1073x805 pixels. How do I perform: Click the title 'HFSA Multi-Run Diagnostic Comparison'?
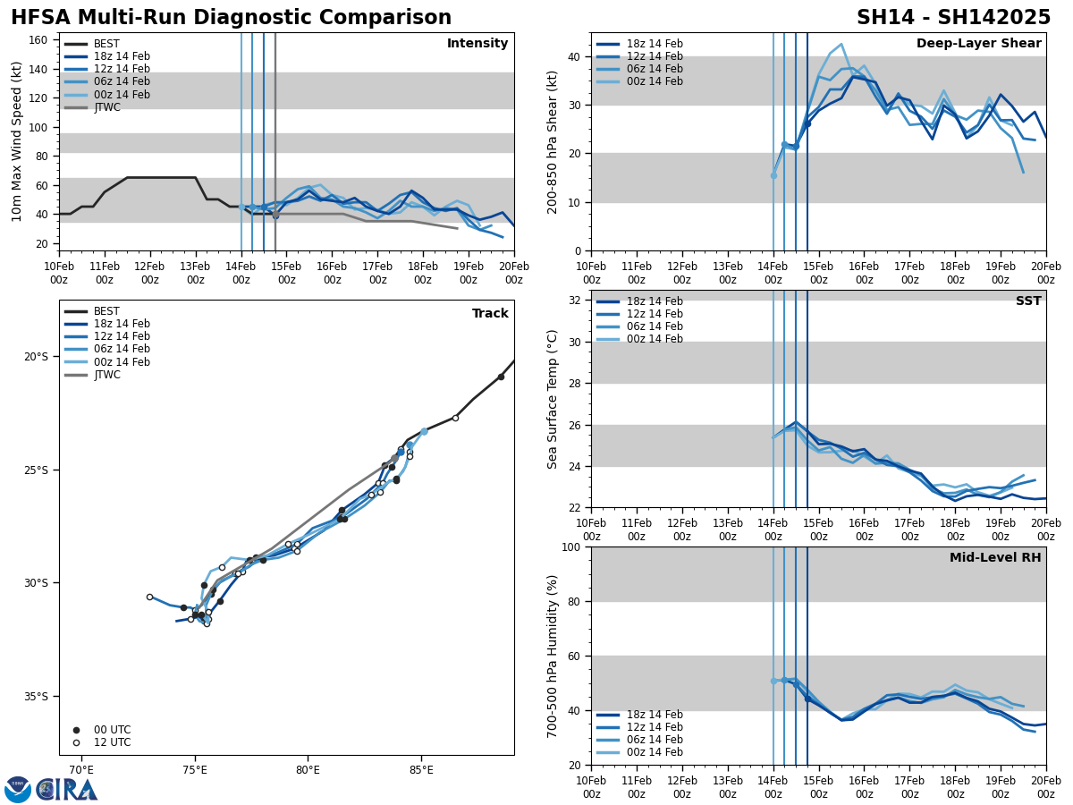(x=231, y=18)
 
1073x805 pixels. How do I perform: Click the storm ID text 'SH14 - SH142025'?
(x=953, y=18)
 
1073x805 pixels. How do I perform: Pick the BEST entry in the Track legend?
(x=106, y=311)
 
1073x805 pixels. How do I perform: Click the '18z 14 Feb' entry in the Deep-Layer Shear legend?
(x=655, y=44)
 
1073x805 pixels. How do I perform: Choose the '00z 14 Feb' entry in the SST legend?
(x=655, y=339)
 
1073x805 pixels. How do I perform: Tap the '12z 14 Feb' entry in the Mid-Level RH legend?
(x=655, y=727)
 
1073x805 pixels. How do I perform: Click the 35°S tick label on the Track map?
(x=36, y=696)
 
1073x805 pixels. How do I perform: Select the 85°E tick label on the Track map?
(x=421, y=768)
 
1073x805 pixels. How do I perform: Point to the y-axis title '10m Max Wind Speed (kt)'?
(x=17, y=141)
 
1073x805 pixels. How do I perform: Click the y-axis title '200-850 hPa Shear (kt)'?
(x=553, y=141)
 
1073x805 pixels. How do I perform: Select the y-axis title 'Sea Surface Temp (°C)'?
(x=553, y=399)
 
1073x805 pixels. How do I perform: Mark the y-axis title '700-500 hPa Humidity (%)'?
(x=553, y=656)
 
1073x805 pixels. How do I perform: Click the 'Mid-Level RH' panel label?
(x=995, y=558)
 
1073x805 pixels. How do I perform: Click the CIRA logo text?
(x=67, y=790)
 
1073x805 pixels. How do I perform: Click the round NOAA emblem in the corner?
(x=18, y=790)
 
